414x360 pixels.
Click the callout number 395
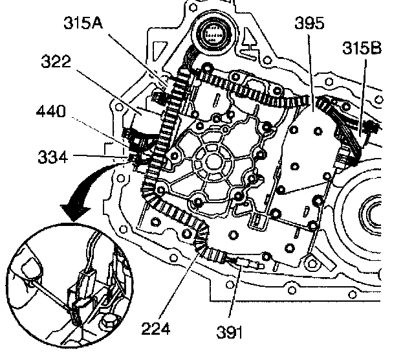click(308, 25)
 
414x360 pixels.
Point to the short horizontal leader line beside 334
click(104, 155)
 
